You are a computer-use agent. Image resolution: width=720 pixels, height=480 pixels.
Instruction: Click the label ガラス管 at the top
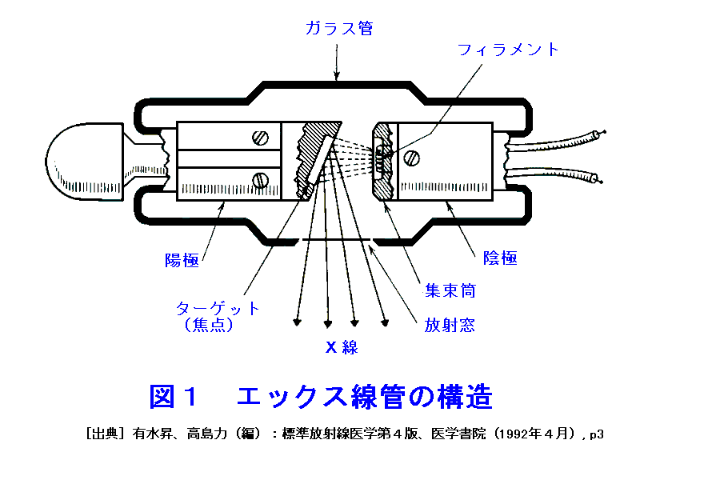338,28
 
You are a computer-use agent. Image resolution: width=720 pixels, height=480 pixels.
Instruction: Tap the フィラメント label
508,50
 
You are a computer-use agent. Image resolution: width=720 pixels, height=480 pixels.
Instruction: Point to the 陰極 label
500,258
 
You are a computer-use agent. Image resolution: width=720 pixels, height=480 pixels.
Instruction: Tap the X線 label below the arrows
342,347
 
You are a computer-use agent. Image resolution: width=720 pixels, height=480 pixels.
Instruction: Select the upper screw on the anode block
260,137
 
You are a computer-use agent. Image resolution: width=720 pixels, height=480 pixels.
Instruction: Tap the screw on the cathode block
412,158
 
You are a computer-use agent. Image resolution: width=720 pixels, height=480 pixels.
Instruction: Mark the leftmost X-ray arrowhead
298,323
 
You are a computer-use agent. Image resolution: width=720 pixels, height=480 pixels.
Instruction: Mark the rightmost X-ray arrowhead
386,323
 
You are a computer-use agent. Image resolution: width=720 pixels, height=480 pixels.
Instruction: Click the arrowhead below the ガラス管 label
338,77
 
